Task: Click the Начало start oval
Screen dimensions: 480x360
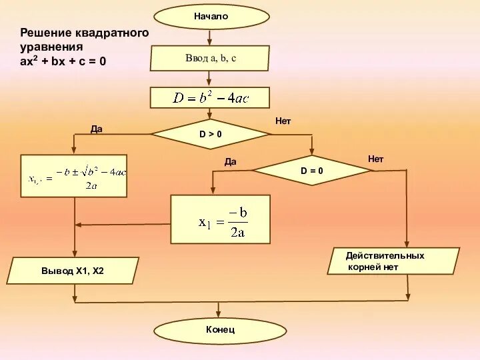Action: (x=211, y=17)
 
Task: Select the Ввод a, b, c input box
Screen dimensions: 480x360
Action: (x=210, y=58)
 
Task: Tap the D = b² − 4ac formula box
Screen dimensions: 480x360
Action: (x=210, y=98)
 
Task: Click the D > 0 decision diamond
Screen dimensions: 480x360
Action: (x=211, y=134)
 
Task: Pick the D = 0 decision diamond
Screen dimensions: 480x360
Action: (x=312, y=171)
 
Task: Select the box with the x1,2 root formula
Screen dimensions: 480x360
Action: (x=74, y=176)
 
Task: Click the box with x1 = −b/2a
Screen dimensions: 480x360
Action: (x=221, y=219)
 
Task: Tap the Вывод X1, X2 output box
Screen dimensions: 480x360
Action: (x=73, y=271)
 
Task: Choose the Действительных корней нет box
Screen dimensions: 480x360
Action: (x=393, y=261)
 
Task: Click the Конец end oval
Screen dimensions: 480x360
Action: (x=220, y=330)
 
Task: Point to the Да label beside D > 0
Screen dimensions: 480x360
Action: (x=97, y=129)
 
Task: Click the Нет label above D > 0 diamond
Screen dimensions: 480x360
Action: (x=283, y=121)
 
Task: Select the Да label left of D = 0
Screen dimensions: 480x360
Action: (x=231, y=161)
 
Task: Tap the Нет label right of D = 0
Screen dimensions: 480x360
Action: (x=376, y=159)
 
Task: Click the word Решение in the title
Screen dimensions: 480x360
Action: (x=46, y=32)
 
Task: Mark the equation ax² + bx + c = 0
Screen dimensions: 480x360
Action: (x=63, y=61)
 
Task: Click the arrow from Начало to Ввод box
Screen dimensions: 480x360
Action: (x=211, y=37)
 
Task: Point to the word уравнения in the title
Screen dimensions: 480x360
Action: (x=51, y=47)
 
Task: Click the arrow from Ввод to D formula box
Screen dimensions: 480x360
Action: (x=211, y=79)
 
